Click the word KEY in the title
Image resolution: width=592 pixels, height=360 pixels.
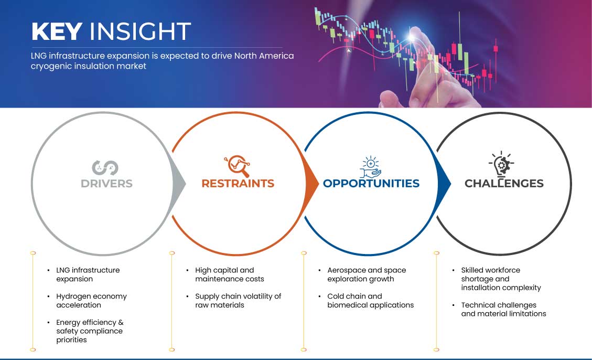point(57,31)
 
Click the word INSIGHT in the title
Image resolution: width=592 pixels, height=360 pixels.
point(140,31)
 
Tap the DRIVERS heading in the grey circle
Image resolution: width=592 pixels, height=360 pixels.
point(106,184)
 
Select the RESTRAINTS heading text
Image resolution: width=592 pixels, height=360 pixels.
point(238,184)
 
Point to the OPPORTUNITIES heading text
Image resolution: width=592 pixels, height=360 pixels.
point(371,184)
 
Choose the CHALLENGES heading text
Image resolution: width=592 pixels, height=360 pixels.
point(504,184)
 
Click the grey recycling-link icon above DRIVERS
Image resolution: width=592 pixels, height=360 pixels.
point(105,168)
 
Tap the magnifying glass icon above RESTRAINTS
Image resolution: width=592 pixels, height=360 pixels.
point(237,166)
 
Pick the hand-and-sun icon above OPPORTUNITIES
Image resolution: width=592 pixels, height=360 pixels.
point(370,166)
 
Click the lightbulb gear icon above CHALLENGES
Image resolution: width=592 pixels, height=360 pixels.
point(501,164)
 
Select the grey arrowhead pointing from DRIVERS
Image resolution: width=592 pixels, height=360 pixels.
point(179,184)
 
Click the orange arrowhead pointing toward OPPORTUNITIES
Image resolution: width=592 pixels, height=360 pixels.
point(312,184)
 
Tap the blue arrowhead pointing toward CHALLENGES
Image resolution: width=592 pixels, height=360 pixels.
point(444,184)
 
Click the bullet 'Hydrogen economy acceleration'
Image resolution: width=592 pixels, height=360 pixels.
point(91,301)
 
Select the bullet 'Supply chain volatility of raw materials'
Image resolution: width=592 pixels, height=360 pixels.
point(238,301)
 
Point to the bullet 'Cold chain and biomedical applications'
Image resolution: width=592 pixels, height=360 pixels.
point(370,301)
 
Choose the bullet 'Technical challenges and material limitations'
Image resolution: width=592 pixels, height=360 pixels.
point(504,310)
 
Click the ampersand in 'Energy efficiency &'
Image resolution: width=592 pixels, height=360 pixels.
point(121,323)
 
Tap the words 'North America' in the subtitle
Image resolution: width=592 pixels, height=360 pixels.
point(264,56)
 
